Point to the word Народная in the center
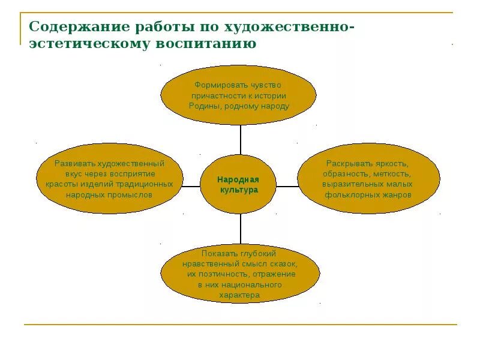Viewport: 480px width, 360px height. point(238,179)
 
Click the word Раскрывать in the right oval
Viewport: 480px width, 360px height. point(350,163)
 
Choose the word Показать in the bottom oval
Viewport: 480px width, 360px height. point(217,253)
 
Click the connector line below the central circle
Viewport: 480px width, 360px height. point(240,229)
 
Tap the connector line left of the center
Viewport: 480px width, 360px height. point(191,187)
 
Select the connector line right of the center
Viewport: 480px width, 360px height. point(287,187)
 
